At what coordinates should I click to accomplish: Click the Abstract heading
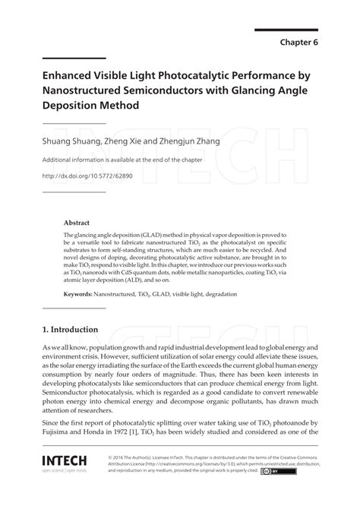[77, 223]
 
